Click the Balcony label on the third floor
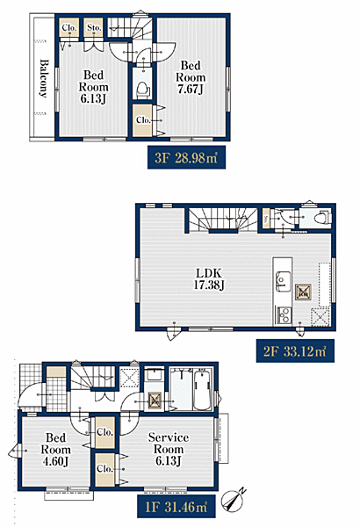(43, 79)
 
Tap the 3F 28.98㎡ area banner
(186, 157)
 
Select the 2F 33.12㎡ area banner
(295, 350)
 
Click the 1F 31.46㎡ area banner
(176, 507)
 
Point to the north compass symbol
(234, 501)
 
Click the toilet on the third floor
(143, 90)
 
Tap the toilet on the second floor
(322, 218)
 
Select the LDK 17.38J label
(209, 279)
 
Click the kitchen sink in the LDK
(283, 281)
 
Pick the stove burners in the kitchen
(284, 315)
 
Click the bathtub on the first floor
(202, 390)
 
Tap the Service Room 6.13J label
(169, 449)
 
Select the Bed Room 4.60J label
(56, 450)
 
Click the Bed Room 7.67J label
(191, 77)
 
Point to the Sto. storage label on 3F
(94, 27)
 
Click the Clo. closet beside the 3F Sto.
(69, 27)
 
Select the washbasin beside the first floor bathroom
(155, 374)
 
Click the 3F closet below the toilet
(142, 120)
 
